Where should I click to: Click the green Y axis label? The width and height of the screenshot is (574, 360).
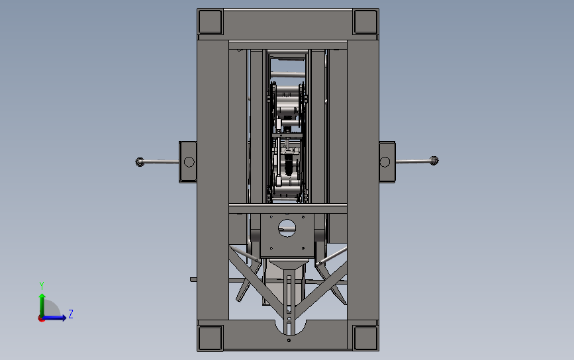coord(42,285)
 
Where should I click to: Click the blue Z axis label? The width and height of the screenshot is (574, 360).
coord(71,314)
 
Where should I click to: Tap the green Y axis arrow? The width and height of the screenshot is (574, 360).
coord(42,305)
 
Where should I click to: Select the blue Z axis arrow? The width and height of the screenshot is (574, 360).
coord(54,318)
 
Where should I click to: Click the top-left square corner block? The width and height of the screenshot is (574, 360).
coord(210,22)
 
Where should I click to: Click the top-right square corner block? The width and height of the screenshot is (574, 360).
coord(365,22)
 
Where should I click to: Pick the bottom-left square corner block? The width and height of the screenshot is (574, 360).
coord(210,338)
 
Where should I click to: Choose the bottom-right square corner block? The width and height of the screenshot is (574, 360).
coord(365,338)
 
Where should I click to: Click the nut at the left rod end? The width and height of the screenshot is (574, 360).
coord(140,161)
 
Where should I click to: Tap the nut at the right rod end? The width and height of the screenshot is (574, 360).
coord(434,161)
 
